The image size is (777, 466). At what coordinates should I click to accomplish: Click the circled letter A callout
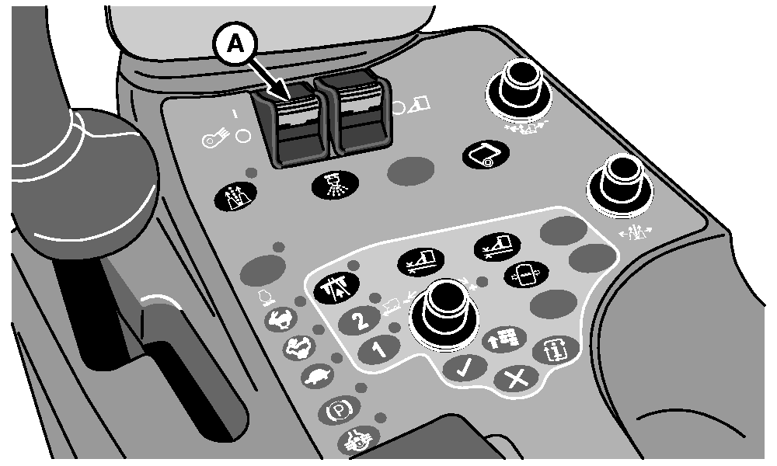click(235, 45)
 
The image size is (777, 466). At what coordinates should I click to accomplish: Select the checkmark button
click(465, 368)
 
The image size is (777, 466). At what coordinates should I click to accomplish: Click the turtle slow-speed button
click(318, 377)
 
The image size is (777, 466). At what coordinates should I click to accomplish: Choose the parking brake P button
click(339, 410)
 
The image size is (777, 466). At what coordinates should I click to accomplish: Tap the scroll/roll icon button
click(486, 155)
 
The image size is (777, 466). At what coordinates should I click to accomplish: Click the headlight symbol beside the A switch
click(215, 138)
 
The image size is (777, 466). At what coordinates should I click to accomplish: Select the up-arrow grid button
click(504, 339)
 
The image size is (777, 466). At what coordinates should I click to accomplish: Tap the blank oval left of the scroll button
click(410, 171)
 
